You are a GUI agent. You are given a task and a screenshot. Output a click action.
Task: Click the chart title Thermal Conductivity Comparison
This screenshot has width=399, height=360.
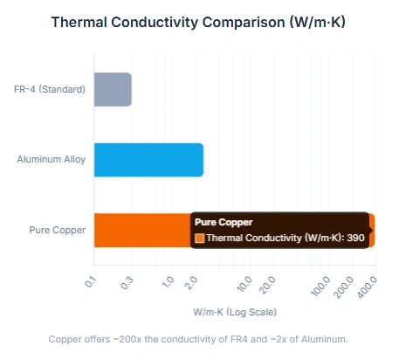pyautogui.click(x=199, y=22)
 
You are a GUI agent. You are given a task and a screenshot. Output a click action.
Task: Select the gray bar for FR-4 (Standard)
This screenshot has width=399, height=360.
pyautogui.click(x=112, y=89)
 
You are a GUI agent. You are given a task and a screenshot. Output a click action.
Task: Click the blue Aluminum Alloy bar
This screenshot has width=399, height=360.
pyautogui.click(x=148, y=160)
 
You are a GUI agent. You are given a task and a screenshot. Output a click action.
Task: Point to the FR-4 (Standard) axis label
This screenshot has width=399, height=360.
pyautogui.click(x=50, y=89)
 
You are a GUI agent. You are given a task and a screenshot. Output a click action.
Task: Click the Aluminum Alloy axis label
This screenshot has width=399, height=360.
pyautogui.click(x=52, y=160)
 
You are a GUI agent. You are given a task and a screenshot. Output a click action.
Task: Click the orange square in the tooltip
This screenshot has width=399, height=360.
pyautogui.click(x=199, y=238)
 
